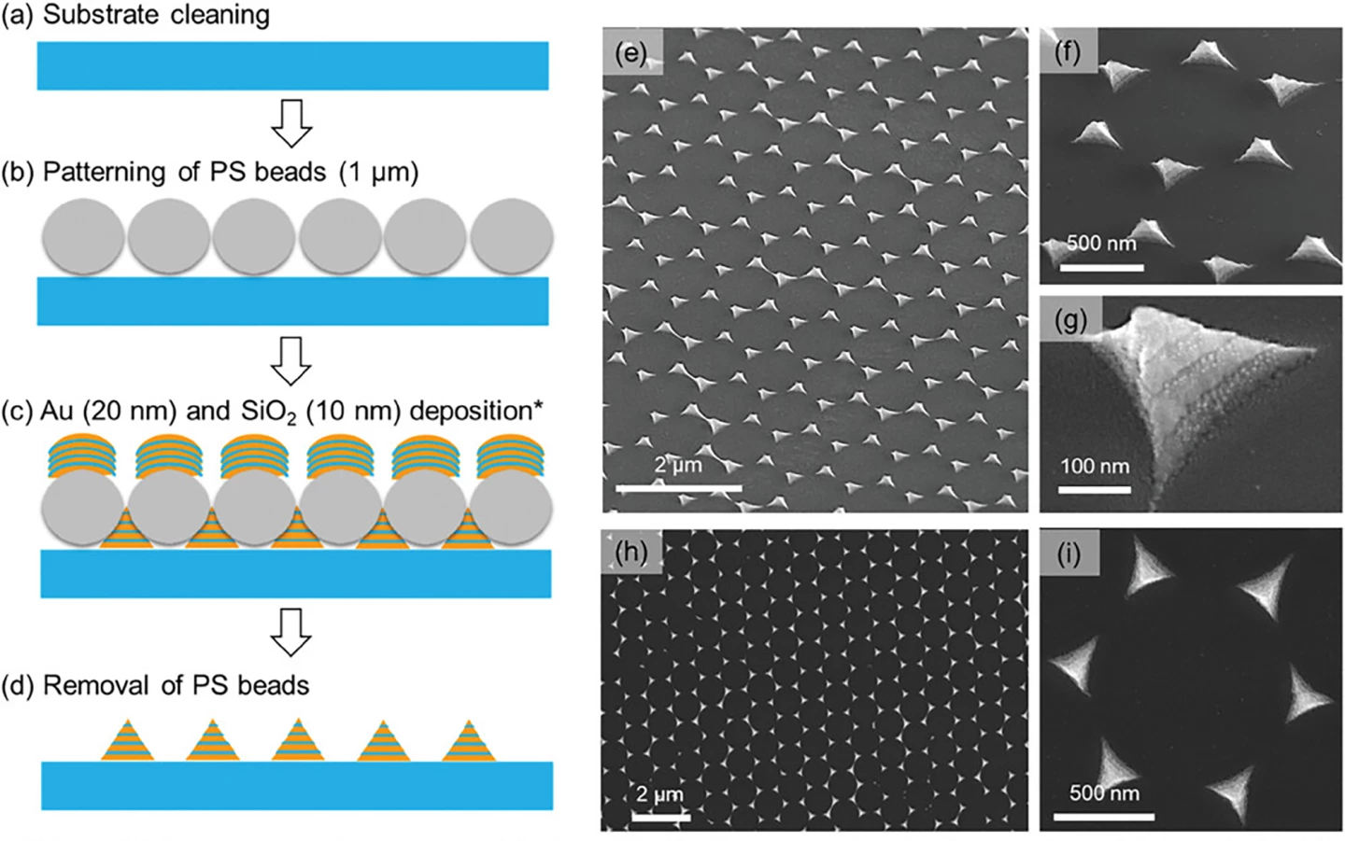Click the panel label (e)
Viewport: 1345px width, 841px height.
coord(632,52)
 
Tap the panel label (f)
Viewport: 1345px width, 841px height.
coord(1068,51)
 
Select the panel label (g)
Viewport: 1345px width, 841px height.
coord(1070,320)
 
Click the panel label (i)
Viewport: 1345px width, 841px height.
coord(1069,554)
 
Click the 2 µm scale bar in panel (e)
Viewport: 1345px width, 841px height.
coord(679,487)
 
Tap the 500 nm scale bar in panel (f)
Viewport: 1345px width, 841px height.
coord(1102,268)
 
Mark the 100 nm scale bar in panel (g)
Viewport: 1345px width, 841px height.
coord(1095,489)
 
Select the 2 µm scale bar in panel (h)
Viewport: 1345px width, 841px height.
coord(660,817)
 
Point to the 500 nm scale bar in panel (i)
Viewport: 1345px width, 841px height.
coord(1104,817)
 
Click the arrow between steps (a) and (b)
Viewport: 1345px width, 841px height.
coord(291,121)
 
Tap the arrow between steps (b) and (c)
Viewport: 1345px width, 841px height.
coord(291,359)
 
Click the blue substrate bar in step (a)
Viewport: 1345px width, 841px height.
coord(292,65)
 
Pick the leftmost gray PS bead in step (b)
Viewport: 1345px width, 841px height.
coord(83,237)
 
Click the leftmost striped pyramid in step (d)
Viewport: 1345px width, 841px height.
coord(128,741)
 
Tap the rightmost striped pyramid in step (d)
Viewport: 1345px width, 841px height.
coord(469,741)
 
